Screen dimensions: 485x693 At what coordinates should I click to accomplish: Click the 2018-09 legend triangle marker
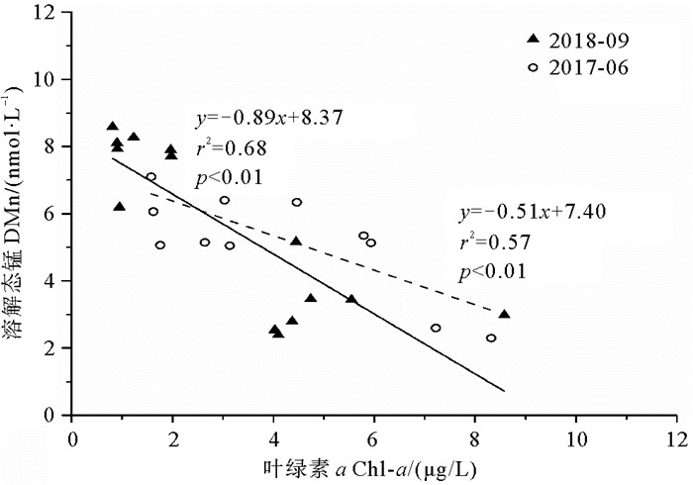point(533,40)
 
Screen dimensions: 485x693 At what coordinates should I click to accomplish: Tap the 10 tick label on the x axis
point(574,437)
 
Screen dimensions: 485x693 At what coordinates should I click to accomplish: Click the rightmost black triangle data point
point(504,314)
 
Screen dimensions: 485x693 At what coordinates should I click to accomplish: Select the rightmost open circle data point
point(491,338)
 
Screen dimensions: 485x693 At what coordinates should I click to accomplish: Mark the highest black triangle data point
point(112,127)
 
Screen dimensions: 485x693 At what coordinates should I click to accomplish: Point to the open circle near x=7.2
point(436,328)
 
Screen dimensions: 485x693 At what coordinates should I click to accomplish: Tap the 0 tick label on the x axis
point(71,437)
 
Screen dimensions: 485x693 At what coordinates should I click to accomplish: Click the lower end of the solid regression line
point(505,390)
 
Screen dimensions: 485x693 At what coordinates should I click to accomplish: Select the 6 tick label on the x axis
point(373,437)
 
